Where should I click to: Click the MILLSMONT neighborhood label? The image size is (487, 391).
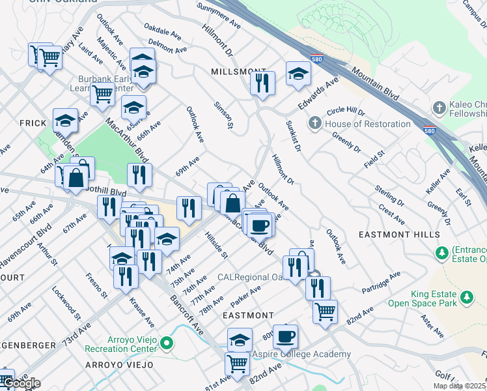coord(238,71)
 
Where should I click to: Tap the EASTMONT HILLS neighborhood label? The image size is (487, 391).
coord(399,234)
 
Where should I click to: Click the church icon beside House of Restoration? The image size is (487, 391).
coord(315,123)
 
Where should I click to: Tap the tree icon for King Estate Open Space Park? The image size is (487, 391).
coord(466,298)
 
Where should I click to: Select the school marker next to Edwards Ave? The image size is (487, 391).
coord(298,74)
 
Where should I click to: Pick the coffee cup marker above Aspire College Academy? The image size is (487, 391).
coord(285,336)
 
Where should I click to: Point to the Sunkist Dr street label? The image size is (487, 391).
coord(292,137)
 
